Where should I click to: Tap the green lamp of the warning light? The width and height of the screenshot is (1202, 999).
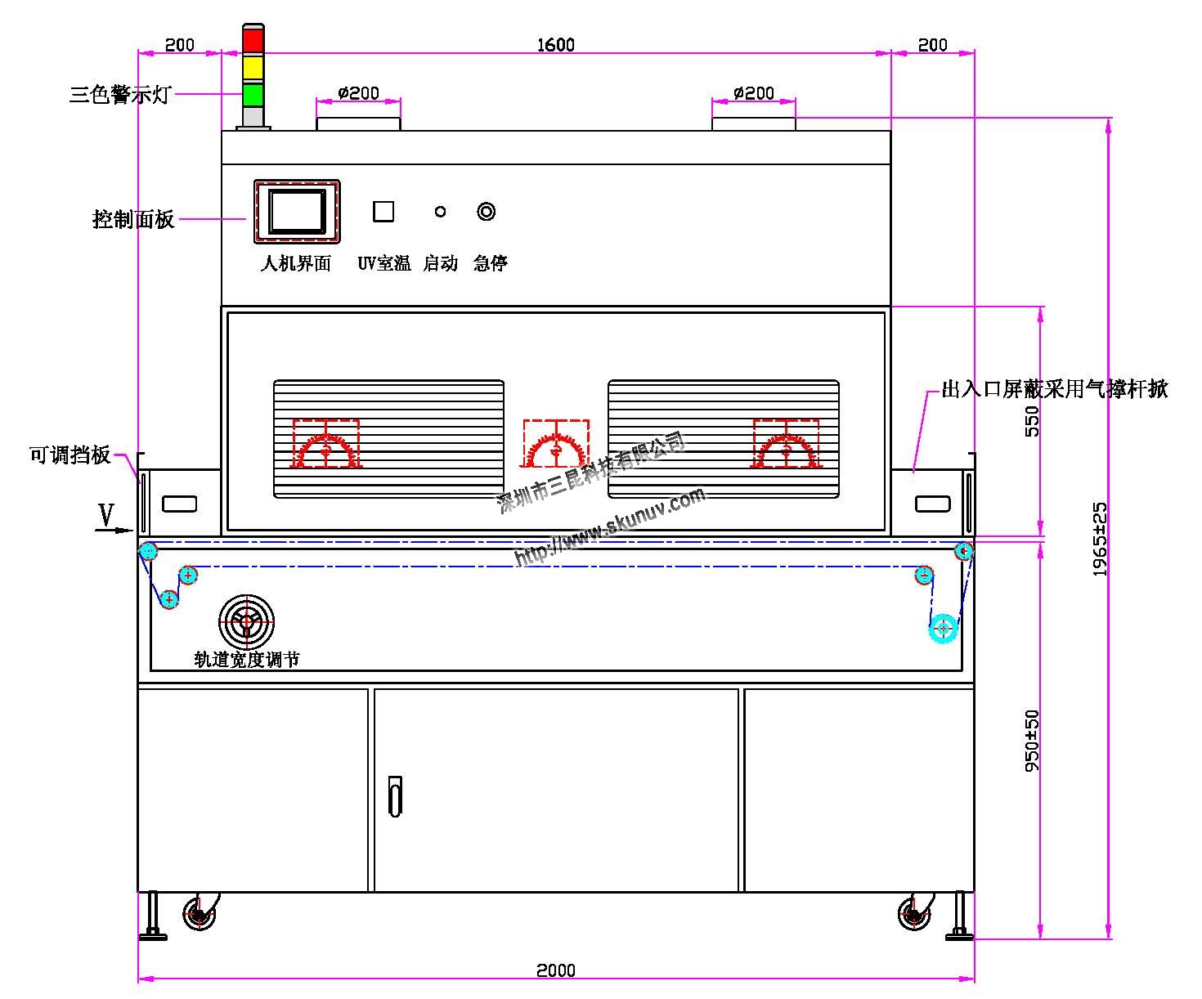(x=253, y=94)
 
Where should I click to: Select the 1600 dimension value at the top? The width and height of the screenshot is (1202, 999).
(x=556, y=45)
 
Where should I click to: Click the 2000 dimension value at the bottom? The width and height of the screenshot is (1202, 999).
(x=556, y=970)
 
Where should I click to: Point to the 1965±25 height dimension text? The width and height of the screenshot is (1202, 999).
(x=1101, y=540)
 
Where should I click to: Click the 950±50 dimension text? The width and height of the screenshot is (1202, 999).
(x=1033, y=741)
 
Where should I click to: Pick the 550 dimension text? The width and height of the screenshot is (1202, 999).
(x=1033, y=422)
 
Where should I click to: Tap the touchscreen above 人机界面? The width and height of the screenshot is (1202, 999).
(x=297, y=212)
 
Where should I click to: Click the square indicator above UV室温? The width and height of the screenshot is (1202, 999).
(x=383, y=212)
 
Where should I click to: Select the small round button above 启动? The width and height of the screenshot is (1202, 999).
(x=440, y=212)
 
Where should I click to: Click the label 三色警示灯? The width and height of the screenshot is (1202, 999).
(x=120, y=95)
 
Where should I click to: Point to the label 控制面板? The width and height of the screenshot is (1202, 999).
(x=133, y=219)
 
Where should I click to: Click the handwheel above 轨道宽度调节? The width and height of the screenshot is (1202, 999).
(x=246, y=622)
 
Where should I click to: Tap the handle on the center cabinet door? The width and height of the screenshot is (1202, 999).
(x=395, y=796)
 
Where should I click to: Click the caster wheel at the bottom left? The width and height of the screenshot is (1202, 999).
(x=199, y=914)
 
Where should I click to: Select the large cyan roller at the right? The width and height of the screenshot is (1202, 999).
(x=944, y=629)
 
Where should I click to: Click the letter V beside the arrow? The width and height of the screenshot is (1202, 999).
(x=106, y=515)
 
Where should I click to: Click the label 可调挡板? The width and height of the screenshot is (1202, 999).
(x=70, y=455)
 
